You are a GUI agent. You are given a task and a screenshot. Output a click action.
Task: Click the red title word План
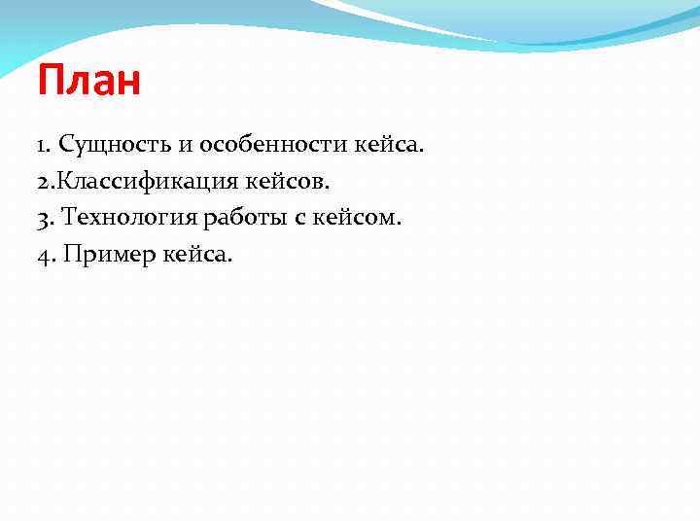(x=89, y=82)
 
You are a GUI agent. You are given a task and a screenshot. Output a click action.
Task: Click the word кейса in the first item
(x=389, y=145)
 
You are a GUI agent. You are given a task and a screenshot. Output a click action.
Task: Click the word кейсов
(x=301, y=182)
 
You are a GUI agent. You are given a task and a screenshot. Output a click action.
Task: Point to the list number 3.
(x=45, y=219)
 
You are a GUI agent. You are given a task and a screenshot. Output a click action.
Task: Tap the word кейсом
(x=355, y=219)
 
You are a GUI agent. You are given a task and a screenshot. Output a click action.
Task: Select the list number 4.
(x=45, y=256)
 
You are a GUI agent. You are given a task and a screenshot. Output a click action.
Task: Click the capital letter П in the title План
(x=51, y=82)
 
